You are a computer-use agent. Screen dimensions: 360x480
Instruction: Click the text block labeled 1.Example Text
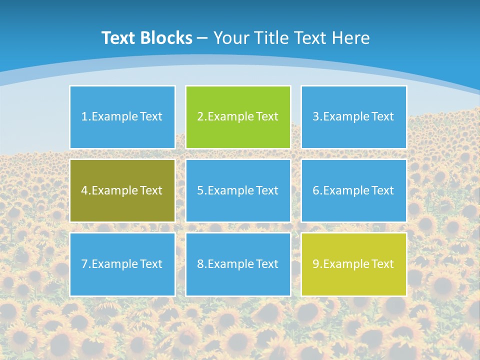coord(122,117)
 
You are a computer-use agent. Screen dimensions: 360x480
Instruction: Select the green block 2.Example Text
coord(238,117)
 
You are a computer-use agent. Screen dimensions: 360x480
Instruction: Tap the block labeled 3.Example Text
coord(353,117)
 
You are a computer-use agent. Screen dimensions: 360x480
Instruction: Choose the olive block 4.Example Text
coord(122,190)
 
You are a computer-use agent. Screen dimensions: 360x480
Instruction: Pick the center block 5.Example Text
coord(238,190)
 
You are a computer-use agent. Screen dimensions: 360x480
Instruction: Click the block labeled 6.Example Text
coord(353,190)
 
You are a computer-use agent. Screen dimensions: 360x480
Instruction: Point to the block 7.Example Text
coord(122,264)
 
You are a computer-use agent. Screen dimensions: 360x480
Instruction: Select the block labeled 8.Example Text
coord(238,264)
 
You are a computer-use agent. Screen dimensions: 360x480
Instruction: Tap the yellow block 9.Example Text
coord(353,264)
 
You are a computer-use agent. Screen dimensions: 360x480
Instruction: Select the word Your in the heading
coord(231,38)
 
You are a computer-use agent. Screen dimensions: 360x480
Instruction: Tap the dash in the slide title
coord(202,38)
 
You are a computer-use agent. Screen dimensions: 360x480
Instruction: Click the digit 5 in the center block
coord(200,190)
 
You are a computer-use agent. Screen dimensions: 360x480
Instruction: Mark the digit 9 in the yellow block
coord(315,264)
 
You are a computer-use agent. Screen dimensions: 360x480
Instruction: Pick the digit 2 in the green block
coord(200,117)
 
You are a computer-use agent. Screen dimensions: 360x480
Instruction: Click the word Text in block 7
coord(151,264)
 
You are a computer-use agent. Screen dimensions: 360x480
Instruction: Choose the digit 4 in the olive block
coord(84,190)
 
